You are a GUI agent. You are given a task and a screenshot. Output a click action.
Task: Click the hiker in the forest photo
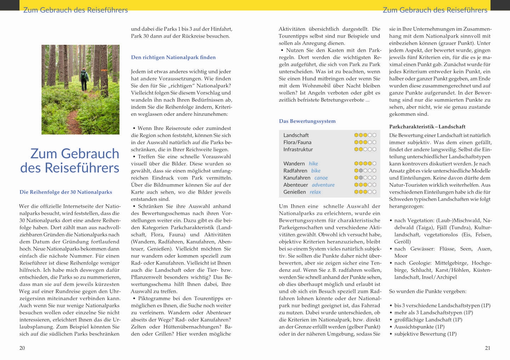(x=84, y=79)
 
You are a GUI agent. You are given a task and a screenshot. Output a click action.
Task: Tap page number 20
(x=22, y=348)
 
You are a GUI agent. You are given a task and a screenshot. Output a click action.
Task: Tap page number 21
(x=488, y=348)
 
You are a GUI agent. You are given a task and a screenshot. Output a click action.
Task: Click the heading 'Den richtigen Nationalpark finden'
(x=173, y=57)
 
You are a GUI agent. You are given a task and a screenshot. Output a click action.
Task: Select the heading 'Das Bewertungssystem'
(x=307, y=121)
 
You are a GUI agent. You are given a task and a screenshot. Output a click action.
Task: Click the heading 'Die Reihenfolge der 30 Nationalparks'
(x=66, y=192)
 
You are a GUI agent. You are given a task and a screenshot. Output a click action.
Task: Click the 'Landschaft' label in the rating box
(x=296, y=135)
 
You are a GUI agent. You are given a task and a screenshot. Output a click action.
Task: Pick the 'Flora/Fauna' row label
(x=297, y=142)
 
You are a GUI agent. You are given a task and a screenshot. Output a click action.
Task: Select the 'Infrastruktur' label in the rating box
(x=298, y=149)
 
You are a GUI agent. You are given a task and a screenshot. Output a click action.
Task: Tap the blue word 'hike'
(x=313, y=164)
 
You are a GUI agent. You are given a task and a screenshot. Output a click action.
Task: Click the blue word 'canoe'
(x=321, y=178)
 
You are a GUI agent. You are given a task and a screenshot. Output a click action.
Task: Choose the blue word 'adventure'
(x=323, y=185)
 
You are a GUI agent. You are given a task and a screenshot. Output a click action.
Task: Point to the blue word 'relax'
(x=315, y=192)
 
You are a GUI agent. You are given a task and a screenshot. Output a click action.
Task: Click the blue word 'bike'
(x=316, y=171)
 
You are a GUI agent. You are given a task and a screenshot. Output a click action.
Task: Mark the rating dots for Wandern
(x=365, y=164)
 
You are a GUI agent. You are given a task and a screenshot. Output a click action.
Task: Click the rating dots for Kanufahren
(x=365, y=178)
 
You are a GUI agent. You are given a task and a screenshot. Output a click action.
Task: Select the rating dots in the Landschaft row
(x=365, y=135)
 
